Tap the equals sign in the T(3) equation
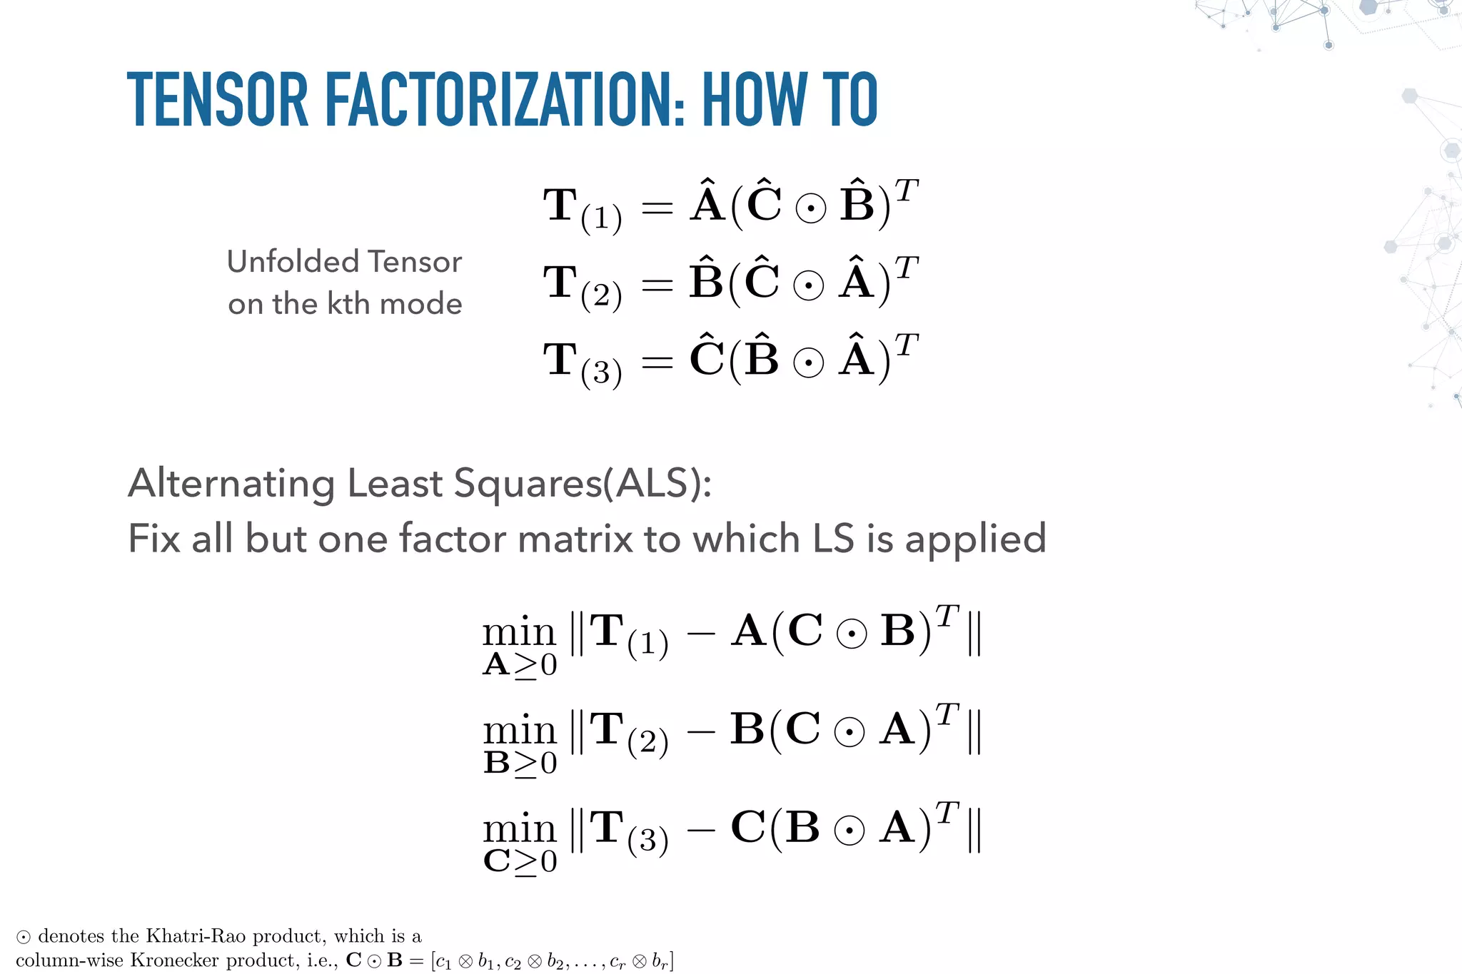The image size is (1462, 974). pos(657,362)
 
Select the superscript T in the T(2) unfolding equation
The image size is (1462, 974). pos(906,268)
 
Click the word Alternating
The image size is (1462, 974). pos(231,483)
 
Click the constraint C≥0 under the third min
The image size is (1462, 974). pos(520,862)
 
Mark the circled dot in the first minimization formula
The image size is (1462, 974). pos(851,634)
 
